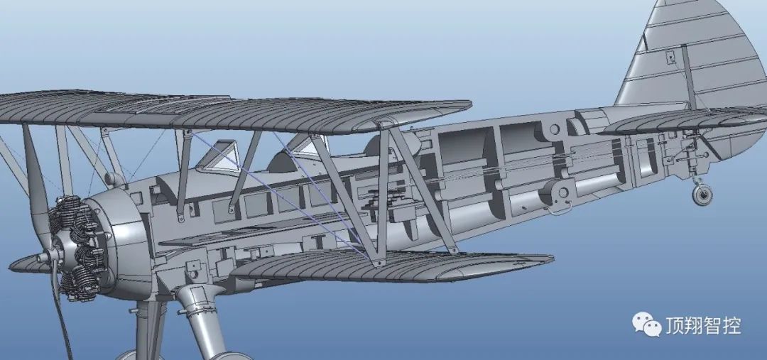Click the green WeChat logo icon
(647, 324)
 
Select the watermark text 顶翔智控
(703, 326)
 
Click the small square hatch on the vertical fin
(670, 58)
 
